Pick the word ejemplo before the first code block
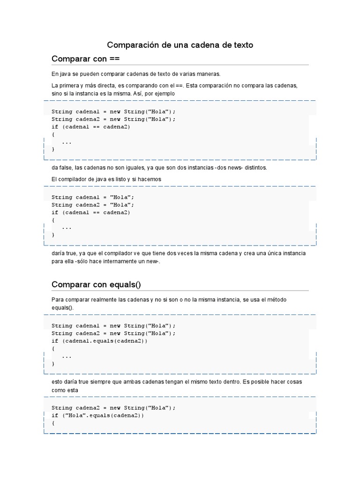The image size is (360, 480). (x=164, y=93)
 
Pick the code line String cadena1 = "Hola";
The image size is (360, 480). (x=93, y=197)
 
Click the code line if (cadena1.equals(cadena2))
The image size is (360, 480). (x=99, y=341)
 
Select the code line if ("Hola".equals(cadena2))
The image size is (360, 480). (x=97, y=415)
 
